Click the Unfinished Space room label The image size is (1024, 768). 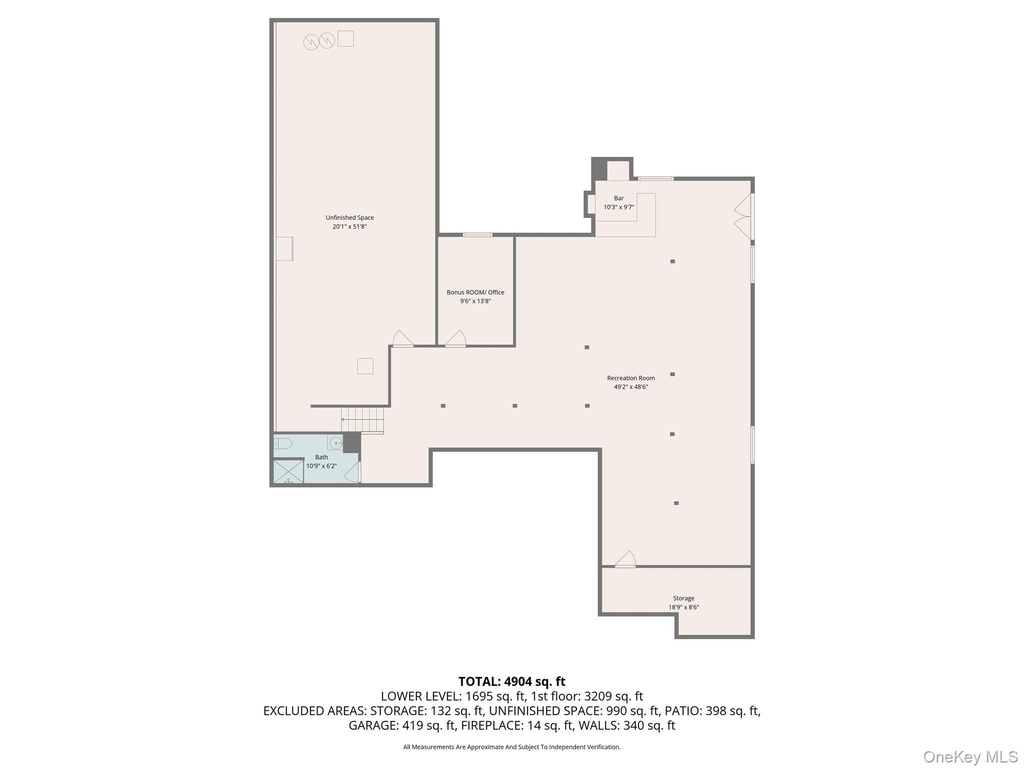click(349, 217)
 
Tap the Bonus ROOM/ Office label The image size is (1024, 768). click(475, 292)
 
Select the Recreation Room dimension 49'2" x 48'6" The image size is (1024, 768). click(630, 387)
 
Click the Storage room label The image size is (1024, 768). click(683, 598)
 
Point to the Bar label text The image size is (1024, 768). click(618, 198)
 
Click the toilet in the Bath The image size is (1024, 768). click(283, 443)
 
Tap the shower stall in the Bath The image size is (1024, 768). click(288, 471)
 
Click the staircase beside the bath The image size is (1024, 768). click(362, 419)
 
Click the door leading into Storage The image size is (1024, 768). click(625, 559)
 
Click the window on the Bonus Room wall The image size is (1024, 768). click(477, 234)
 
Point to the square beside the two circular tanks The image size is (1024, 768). click(345, 39)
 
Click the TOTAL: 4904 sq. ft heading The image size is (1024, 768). click(511, 681)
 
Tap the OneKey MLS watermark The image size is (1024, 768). click(970, 756)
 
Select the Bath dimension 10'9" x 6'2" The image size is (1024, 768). click(321, 466)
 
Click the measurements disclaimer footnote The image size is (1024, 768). click(511, 747)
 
